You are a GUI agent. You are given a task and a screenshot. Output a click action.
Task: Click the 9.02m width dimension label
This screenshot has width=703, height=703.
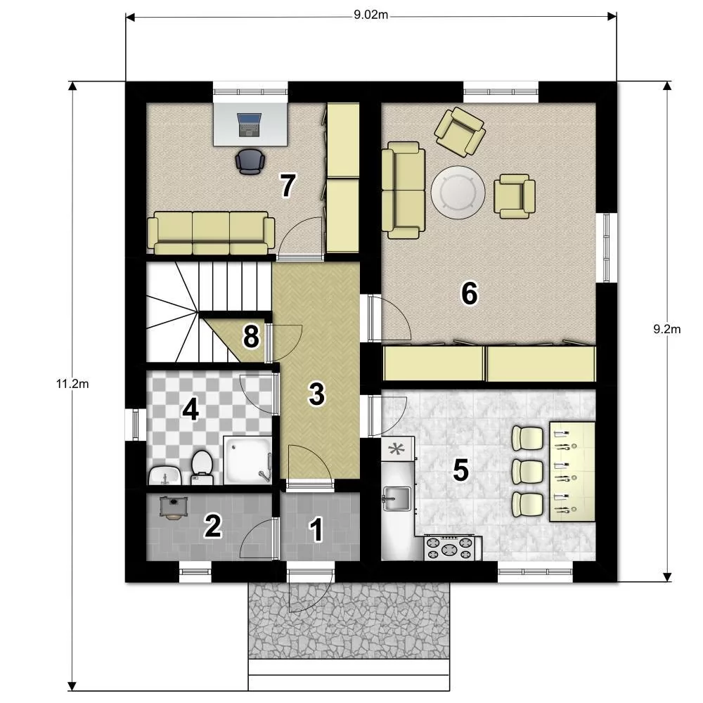tap(370, 15)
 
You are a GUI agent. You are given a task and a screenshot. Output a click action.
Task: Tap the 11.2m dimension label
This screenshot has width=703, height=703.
tap(72, 384)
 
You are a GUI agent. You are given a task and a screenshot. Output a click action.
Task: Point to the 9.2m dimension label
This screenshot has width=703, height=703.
tap(666, 330)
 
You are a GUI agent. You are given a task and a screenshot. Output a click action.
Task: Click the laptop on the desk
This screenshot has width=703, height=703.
tap(250, 124)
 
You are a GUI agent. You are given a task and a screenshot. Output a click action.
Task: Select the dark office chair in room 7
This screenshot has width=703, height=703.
tap(250, 162)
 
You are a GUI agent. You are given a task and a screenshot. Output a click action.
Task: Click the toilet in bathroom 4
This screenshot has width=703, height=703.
tap(202, 467)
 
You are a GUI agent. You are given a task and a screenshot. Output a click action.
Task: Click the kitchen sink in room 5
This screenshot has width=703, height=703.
tap(396, 498)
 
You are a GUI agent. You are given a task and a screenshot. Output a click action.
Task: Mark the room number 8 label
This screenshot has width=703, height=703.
tap(251, 337)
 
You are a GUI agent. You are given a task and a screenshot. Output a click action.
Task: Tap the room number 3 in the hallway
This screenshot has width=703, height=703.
tap(316, 394)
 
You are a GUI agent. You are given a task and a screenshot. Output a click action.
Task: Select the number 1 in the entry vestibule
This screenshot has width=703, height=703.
tap(316, 529)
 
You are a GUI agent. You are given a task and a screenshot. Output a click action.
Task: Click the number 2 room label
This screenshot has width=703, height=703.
tap(212, 525)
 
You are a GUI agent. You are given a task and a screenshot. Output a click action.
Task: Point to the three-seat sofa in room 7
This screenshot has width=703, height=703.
tap(211, 233)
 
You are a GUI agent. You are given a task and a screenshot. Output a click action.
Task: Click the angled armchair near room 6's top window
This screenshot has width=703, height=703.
tap(460, 132)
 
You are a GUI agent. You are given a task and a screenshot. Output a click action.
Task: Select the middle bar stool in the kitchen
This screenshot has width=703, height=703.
tap(528, 471)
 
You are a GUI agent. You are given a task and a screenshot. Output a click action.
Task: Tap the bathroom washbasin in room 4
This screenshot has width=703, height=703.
tap(164, 475)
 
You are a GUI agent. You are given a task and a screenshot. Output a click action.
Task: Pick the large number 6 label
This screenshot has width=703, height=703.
tap(470, 294)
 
